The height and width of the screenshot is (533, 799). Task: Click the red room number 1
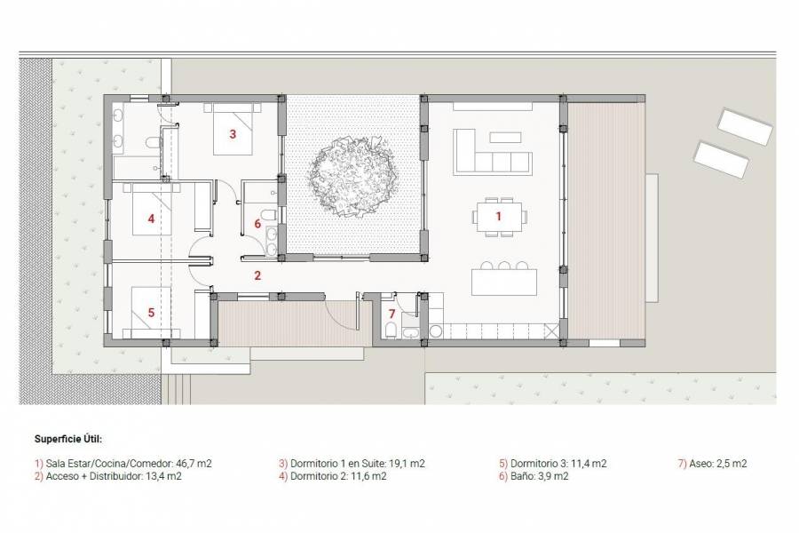point(498,216)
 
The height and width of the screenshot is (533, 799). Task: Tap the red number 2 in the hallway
point(257,275)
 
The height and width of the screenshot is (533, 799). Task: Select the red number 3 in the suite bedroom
point(233,135)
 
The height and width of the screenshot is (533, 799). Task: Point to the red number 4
point(152,218)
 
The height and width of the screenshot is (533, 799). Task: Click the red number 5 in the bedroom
point(152,312)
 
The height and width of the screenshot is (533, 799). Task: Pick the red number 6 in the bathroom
point(257,224)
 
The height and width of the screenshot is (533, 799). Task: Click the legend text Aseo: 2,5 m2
point(712,464)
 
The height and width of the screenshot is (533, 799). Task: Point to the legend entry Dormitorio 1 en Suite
point(352,464)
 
